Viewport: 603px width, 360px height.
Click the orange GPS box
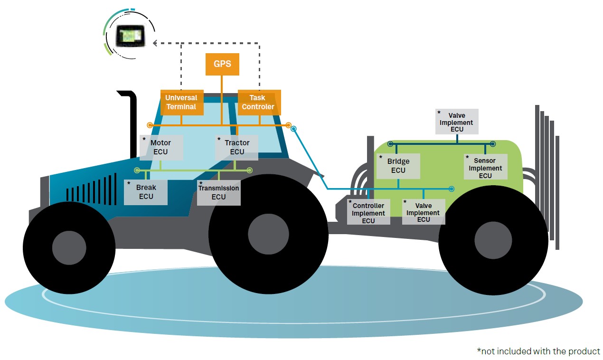[x=222, y=64]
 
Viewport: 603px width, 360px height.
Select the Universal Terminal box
[x=182, y=102]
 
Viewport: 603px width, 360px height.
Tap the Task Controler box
[x=259, y=102]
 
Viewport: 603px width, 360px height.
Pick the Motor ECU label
[x=161, y=147]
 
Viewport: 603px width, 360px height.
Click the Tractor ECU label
[x=237, y=147]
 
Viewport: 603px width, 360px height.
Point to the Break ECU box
[x=146, y=192]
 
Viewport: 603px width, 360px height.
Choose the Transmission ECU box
[x=219, y=192]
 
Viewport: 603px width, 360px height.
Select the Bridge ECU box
[x=398, y=166]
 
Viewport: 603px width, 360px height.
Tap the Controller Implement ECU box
[x=368, y=212]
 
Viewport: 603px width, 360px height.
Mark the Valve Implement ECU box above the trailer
[x=457, y=122]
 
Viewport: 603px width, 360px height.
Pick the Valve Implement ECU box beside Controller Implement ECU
[x=424, y=212]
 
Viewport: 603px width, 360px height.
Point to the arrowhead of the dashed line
[x=155, y=43]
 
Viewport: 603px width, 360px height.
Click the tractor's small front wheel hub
[x=69, y=247]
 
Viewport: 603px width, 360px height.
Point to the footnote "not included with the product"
[x=538, y=351]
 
